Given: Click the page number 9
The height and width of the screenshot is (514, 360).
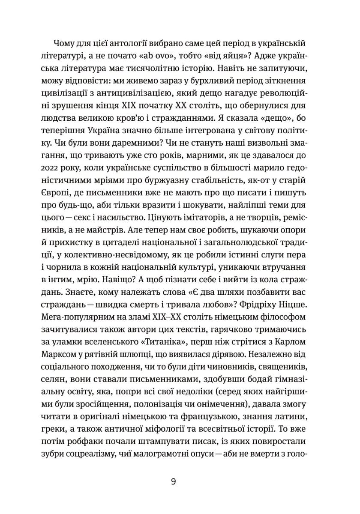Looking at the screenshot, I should pyautogui.click(x=173, y=481).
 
